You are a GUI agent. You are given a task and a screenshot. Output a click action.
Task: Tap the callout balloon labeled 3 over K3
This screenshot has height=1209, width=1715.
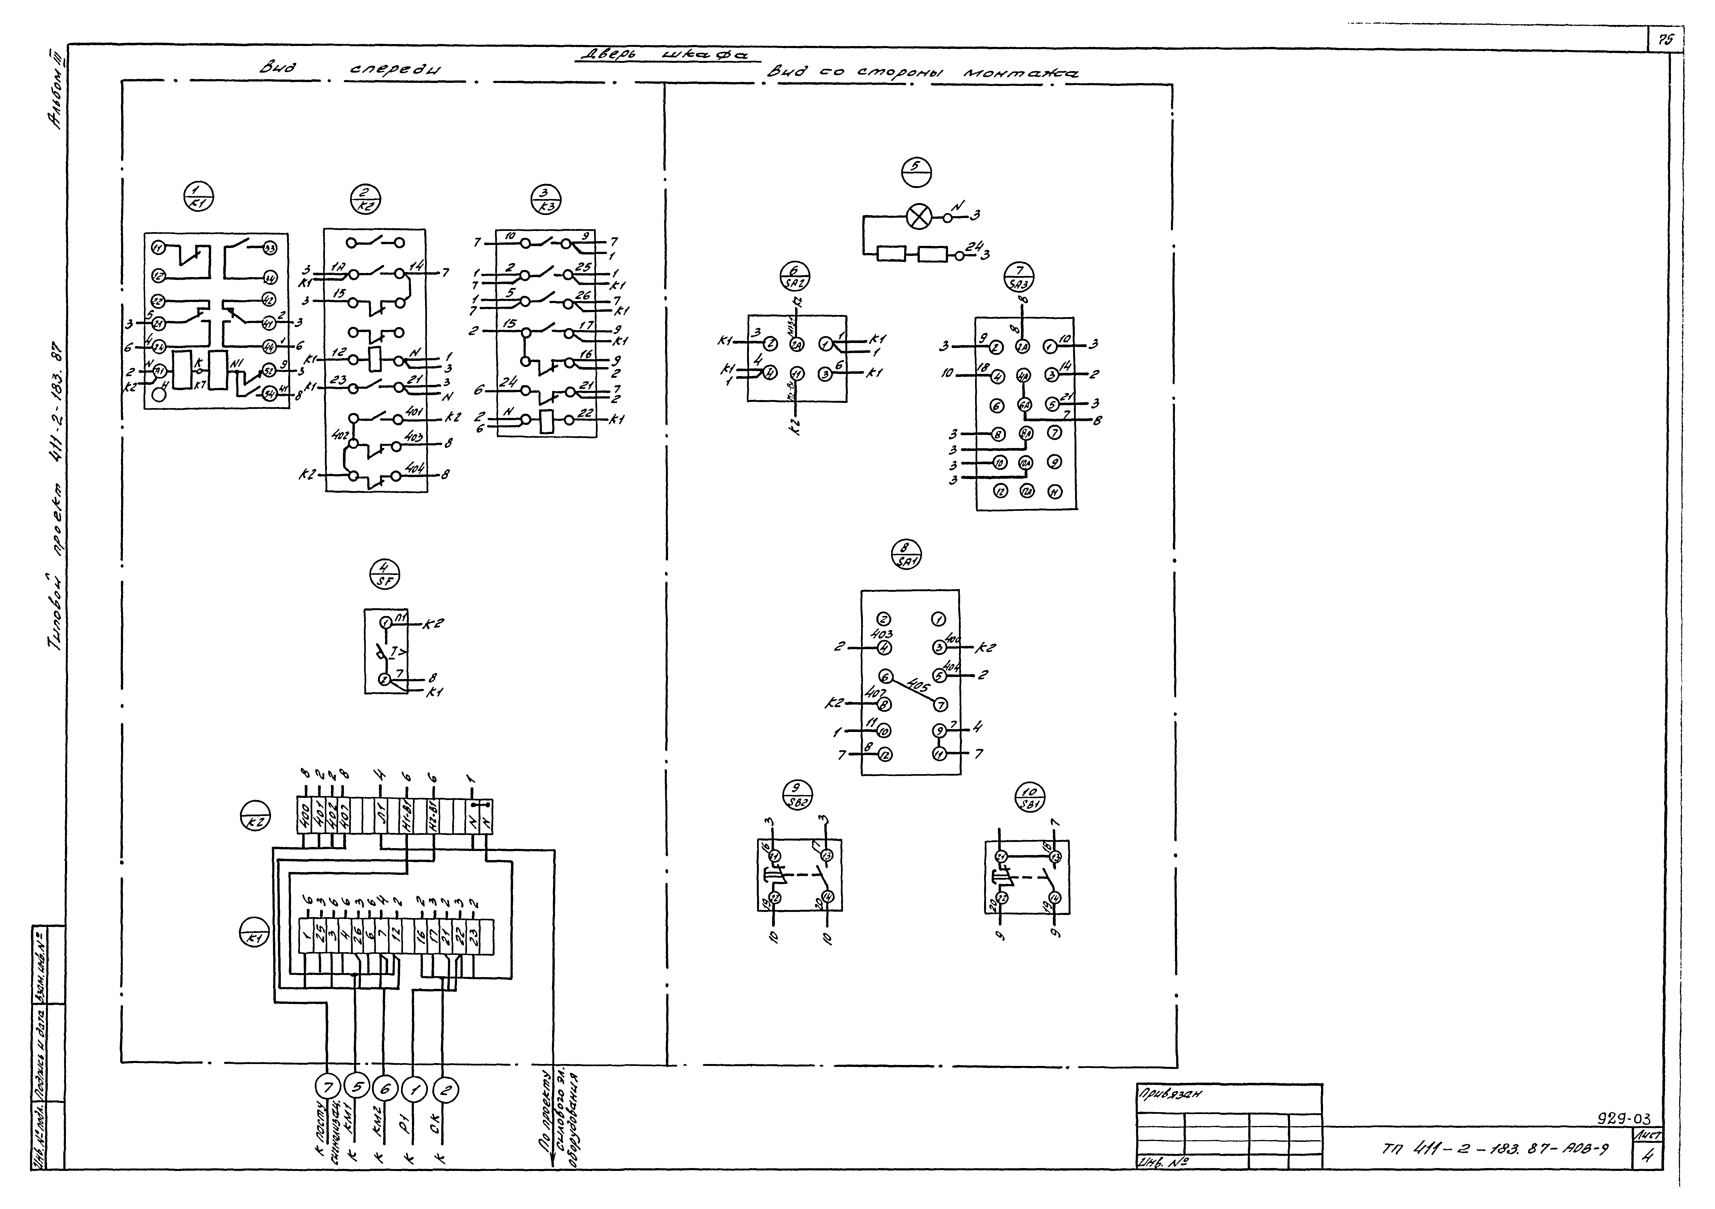coord(546,199)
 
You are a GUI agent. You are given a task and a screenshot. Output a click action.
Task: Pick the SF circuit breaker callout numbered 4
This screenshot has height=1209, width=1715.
coord(385,573)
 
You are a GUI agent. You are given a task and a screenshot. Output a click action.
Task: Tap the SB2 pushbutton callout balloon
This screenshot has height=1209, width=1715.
coord(798,794)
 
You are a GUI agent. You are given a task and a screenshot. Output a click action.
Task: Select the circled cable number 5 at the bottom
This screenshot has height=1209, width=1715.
coord(357,1089)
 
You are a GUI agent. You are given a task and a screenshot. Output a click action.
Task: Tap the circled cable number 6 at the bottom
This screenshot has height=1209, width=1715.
coord(385,1089)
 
